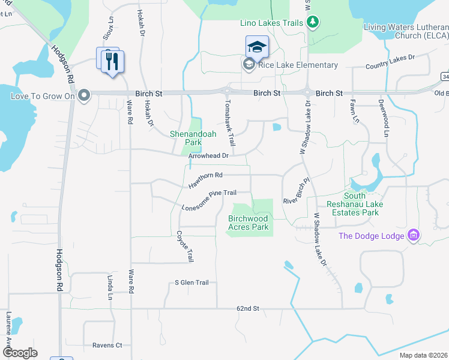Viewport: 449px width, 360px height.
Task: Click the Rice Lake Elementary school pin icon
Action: tap(257, 47)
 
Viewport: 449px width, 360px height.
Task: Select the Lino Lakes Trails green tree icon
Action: tap(312, 23)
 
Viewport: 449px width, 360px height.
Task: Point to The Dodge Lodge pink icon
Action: tap(413, 235)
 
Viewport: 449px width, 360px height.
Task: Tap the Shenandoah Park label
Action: tap(193, 139)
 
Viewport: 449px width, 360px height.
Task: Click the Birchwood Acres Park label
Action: tap(248, 223)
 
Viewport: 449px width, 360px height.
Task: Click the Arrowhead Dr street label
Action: tap(208, 156)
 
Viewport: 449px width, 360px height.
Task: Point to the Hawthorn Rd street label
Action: tap(206, 179)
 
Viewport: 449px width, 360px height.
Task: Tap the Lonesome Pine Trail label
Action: tap(209, 200)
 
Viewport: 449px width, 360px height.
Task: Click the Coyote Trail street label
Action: tap(185, 247)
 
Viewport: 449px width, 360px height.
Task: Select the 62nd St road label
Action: tap(247, 308)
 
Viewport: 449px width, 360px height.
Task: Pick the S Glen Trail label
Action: tap(191, 283)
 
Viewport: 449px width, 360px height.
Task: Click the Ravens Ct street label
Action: tap(107, 345)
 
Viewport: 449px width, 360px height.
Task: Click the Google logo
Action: tap(20, 353)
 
